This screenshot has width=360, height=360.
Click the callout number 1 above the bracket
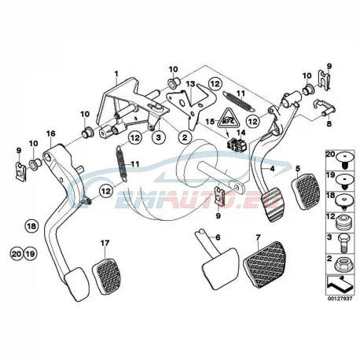(116, 74)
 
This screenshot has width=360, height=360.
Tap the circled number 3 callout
(159, 137)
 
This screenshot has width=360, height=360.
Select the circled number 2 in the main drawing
(185, 137)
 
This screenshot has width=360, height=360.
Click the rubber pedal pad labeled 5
(305, 192)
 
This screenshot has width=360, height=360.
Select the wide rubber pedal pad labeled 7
(265, 264)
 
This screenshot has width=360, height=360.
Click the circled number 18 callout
(31, 226)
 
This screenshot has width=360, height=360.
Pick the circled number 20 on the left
(17, 254)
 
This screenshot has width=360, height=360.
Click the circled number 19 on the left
(30, 254)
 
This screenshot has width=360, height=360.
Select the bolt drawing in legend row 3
(343, 244)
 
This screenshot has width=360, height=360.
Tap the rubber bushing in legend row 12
(343, 222)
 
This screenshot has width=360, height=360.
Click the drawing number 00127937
(340, 299)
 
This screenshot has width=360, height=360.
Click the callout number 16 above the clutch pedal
(51, 134)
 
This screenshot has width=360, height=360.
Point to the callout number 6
(218, 237)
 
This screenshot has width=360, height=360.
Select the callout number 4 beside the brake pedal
(272, 169)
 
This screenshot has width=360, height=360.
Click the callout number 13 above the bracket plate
(191, 84)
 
